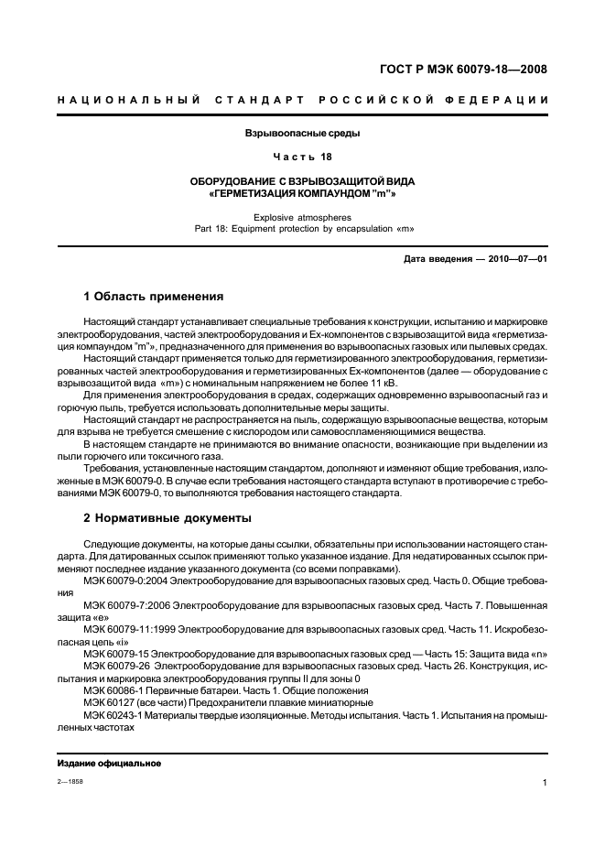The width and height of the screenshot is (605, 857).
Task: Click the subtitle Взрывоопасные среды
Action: (x=302, y=134)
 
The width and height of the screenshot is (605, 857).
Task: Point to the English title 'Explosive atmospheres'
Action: (x=302, y=218)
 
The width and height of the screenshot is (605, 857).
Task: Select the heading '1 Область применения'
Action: (x=153, y=297)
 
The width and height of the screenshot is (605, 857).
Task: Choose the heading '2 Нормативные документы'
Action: (x=167, y=517)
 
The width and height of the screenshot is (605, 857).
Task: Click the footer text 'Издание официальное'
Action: (x=109, y=764)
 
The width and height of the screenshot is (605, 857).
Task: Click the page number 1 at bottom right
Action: (x=545, y=784)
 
